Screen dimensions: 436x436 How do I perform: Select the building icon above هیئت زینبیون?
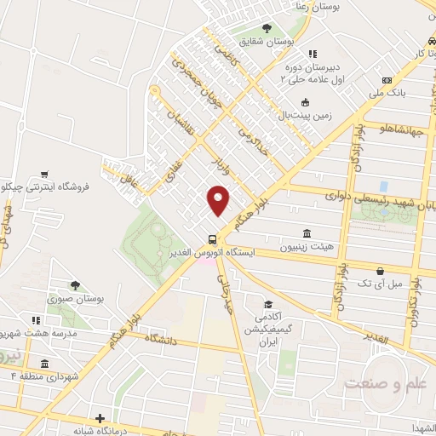[306, 233]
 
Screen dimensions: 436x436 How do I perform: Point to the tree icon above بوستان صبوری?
[75, 285]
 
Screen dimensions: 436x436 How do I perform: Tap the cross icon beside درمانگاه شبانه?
[100, 418]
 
